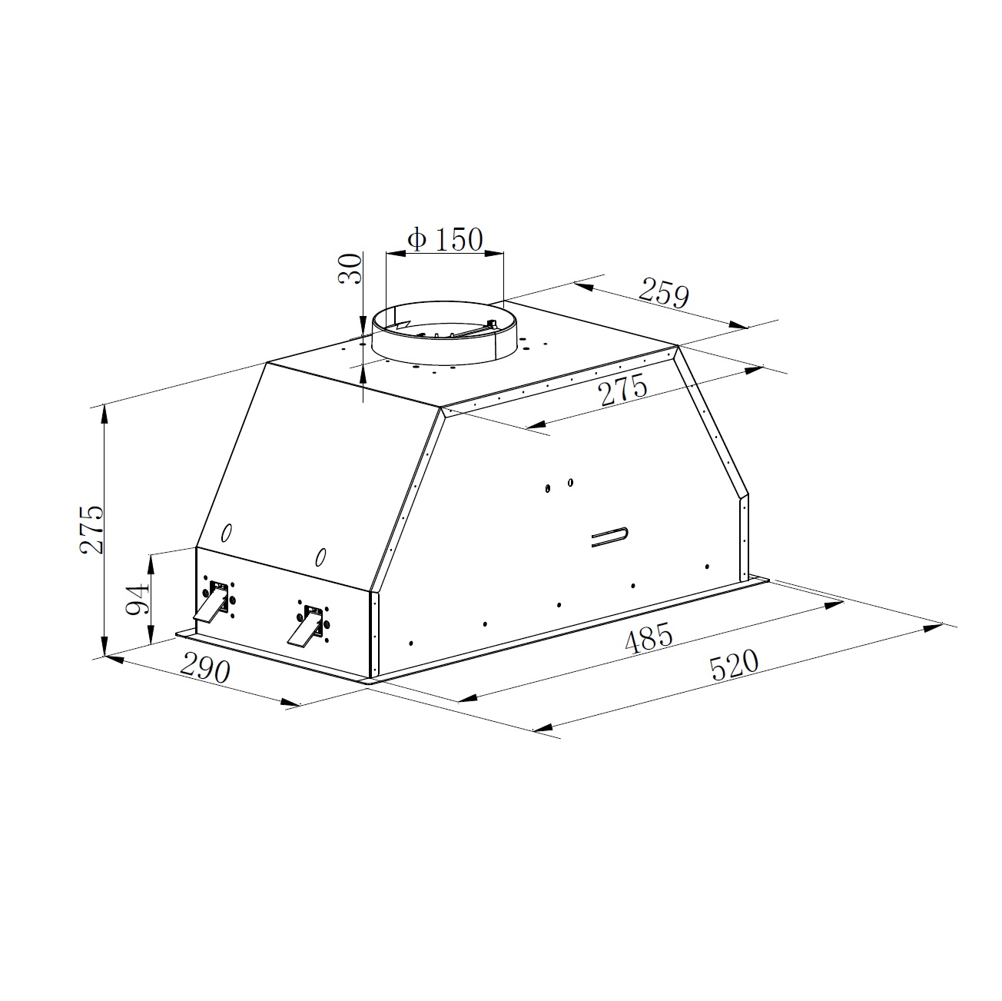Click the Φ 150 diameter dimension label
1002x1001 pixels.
click(445, 239)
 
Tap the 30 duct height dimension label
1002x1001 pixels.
click(350, 268)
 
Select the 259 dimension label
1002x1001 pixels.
click(663, 293)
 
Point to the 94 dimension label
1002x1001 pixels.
click(138, 599)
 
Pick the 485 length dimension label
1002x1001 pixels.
click(649, 638)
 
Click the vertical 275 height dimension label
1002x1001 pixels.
click(91, 529)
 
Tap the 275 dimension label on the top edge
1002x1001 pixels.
click(623, 390)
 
